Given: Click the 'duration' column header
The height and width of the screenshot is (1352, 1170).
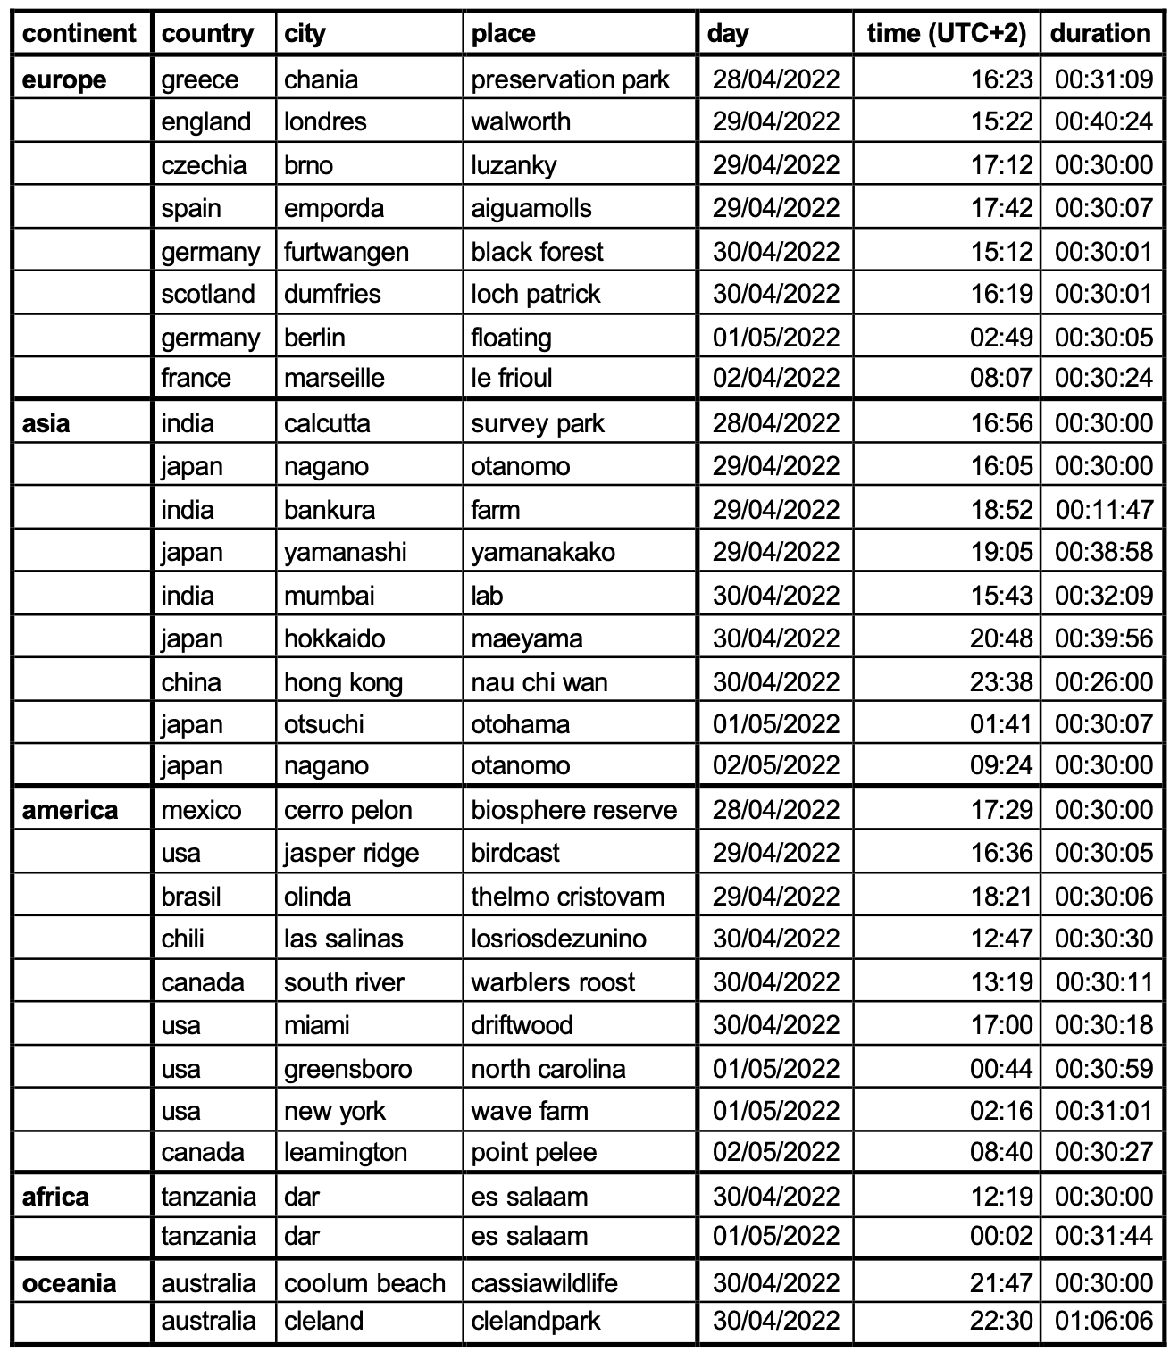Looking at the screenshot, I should (1100, 33).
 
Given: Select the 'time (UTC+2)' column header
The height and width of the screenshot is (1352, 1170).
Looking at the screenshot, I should (947, 33).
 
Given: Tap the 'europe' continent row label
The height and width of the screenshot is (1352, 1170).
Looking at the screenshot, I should (63, 79).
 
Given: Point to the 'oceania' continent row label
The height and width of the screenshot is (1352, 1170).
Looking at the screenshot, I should (69, 1283).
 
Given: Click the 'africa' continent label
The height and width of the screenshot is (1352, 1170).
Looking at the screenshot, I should (55, 1196).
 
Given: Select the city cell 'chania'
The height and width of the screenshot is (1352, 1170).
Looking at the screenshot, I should (321, 79).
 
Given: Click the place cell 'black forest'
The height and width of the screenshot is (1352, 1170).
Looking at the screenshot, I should (537, 252).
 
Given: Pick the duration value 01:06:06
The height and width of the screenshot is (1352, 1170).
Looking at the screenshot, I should (1104, 1321).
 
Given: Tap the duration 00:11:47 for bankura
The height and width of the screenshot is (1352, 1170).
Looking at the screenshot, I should (1104, 510).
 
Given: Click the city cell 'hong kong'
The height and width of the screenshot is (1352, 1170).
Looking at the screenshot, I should (343, 682).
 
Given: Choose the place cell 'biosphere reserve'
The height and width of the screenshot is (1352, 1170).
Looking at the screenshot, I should (573, 810).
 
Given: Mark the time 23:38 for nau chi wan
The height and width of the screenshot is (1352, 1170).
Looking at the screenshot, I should (1001, 682).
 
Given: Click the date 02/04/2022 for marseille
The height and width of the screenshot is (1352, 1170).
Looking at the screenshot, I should (775, 378).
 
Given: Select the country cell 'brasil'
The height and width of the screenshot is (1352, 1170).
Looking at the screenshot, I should (190, 896).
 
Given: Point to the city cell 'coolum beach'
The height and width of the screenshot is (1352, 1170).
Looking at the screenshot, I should (364, 1283).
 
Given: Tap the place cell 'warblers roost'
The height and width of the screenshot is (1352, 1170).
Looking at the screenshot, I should (553, 982).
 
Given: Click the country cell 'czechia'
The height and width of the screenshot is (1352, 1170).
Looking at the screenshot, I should (204, 165).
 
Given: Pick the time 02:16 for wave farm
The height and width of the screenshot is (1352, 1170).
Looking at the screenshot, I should (1001, 1111).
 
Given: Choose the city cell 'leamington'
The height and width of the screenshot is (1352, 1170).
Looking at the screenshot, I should (345, 1152).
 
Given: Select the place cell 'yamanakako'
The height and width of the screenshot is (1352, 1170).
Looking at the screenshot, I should (543, 552).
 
